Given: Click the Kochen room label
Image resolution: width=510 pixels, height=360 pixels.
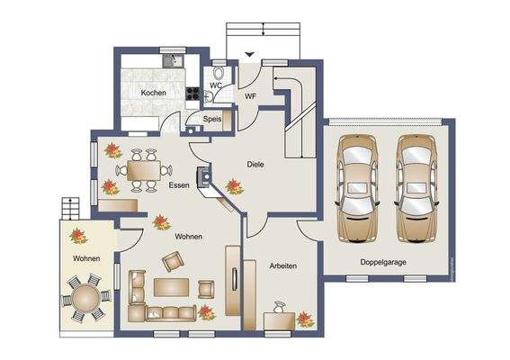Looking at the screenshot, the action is coord(154,93).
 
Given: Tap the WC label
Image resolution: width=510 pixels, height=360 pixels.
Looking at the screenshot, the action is coord(216,85).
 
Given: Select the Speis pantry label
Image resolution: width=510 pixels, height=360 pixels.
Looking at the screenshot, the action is coord(212,119).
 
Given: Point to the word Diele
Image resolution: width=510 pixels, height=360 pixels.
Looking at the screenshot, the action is coord(255,165).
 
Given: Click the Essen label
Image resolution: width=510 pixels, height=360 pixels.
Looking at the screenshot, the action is coord(179,185).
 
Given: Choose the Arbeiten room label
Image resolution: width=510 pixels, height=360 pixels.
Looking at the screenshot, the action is coord(283,265).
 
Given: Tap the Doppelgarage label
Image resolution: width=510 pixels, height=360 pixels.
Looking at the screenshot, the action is coord(383,262).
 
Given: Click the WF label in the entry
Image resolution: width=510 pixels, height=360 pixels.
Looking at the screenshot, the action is coord(250,96).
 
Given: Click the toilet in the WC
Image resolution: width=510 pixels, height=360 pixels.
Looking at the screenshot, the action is coord(219,73).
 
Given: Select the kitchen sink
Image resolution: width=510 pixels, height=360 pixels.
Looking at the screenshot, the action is coord(173,60).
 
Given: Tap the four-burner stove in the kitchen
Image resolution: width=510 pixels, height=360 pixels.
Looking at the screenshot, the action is coord(192,94).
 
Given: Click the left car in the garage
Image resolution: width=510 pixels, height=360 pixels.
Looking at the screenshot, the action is coord(357,189).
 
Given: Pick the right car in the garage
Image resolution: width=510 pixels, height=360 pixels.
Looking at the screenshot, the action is coord(416,189).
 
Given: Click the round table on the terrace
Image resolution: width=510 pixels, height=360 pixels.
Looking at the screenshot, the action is coord(85,298).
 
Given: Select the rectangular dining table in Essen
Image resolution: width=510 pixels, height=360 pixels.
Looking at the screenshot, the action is coord(144,170).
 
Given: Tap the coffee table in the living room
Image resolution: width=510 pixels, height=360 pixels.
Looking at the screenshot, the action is coord(171,287).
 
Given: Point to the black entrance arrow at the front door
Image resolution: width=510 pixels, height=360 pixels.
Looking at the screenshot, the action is coord(249,54).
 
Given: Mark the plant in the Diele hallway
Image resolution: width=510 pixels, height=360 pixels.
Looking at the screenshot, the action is coord(234,186).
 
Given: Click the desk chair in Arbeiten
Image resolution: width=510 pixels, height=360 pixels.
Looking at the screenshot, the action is coord(280,307).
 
